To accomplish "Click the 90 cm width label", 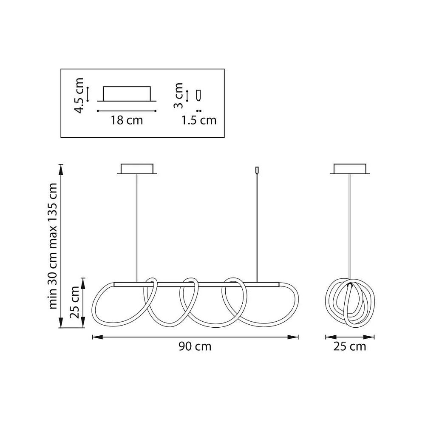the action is point(195,346).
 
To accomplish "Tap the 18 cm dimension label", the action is point(127,120).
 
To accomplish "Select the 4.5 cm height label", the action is point(79,95).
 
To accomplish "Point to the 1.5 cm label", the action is point(199,120).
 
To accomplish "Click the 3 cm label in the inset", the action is point(178,96).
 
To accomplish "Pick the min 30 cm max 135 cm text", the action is point(53,246).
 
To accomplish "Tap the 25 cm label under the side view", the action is point(350,346).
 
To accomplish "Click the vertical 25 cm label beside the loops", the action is point(74,302).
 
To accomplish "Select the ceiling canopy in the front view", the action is point(137,169).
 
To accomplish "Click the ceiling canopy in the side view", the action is point(350,169).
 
